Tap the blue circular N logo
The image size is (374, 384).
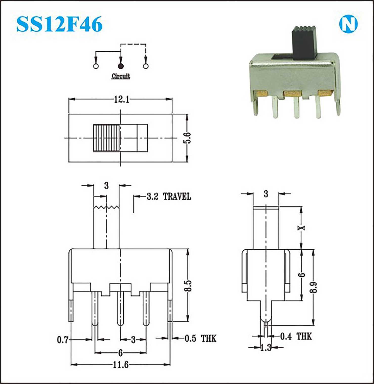[348, 24]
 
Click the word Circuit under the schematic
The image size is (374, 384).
[121, 76]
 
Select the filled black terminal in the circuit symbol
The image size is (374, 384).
[121, 66]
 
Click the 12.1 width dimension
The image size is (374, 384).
[122, 99]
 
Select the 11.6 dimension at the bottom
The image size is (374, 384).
[120, 365]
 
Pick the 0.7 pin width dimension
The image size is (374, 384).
[62, 340]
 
